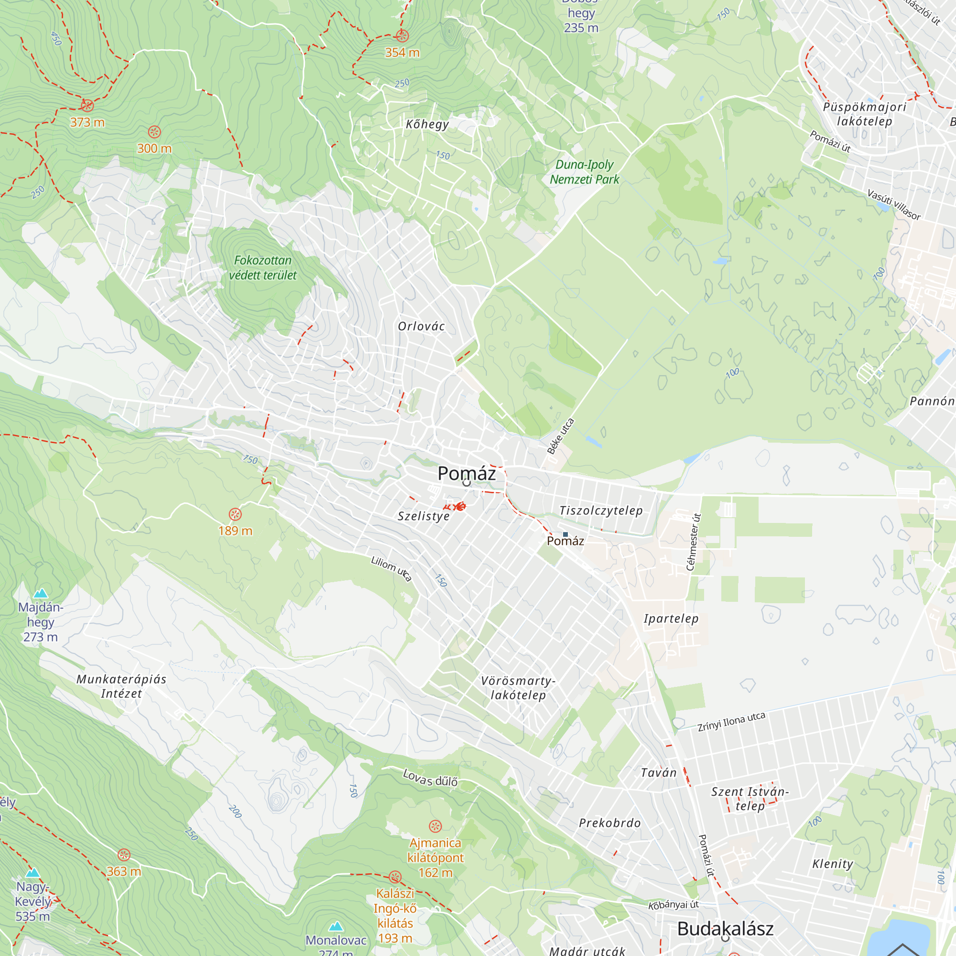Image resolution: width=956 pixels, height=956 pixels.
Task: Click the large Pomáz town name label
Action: [x=466, y=474]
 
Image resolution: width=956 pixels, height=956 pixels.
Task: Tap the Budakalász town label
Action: [x=725, y=928]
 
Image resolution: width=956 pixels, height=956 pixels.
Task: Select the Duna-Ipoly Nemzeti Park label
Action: [x=585, y=172]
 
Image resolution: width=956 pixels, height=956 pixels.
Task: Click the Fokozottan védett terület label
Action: [x=263, y=268]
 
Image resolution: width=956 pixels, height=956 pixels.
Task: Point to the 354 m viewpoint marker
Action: [x=402, y=36]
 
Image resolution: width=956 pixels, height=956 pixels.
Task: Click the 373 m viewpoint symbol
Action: [x=87, y=105]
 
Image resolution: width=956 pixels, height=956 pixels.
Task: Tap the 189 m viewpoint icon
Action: [x=235, y=514]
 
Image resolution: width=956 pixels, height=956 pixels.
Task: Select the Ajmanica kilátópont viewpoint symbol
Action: [x=435, y=826]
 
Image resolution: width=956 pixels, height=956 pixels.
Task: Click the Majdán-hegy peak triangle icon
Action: [x=40, y=593]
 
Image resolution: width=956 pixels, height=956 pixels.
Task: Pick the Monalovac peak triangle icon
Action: [x=336, y=926]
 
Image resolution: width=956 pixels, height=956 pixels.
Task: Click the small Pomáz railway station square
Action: [x=565, y=534]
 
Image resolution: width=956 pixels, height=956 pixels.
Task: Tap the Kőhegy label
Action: [x=427, y=124]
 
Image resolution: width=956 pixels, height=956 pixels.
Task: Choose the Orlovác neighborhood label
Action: [x=421, y=326]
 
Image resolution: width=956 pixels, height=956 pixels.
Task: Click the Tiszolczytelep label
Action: [x=601, y=510]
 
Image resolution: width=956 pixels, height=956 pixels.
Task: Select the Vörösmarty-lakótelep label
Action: [x=518, y=688]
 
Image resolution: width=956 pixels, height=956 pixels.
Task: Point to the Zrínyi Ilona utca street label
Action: [x=731, y=721]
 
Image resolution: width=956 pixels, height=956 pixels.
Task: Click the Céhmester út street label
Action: [x=694, y=542]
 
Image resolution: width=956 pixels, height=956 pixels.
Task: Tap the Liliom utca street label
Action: [x=391, y=568]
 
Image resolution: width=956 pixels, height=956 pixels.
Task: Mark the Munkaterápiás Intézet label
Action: [x=121, y=686]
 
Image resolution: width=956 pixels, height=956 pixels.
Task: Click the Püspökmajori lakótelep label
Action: [x=864, y=114]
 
